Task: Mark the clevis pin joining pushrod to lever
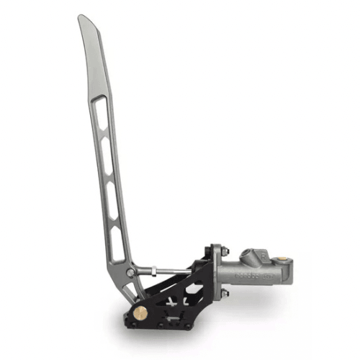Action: pyautogui.click(x=130, y=272)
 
